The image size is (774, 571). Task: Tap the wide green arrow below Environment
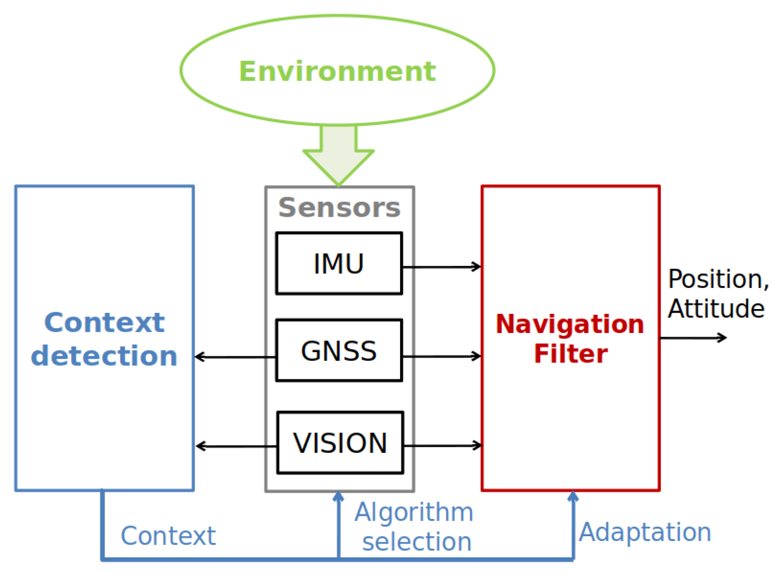338,156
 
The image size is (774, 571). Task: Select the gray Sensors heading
339,208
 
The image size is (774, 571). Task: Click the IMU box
339,264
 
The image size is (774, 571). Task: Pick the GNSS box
339,351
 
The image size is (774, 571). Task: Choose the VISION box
340,443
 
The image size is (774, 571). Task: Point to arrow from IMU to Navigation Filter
441,267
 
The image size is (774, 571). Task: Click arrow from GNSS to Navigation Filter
441,356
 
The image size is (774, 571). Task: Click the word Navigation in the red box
570,324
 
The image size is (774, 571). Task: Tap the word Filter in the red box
571,354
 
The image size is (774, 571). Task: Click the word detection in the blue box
104,356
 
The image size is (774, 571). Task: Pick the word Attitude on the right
716,309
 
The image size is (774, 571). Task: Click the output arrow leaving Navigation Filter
693,338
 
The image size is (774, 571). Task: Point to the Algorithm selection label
415,527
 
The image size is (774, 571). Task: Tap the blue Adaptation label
645,532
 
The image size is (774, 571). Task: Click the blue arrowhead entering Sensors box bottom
338,497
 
